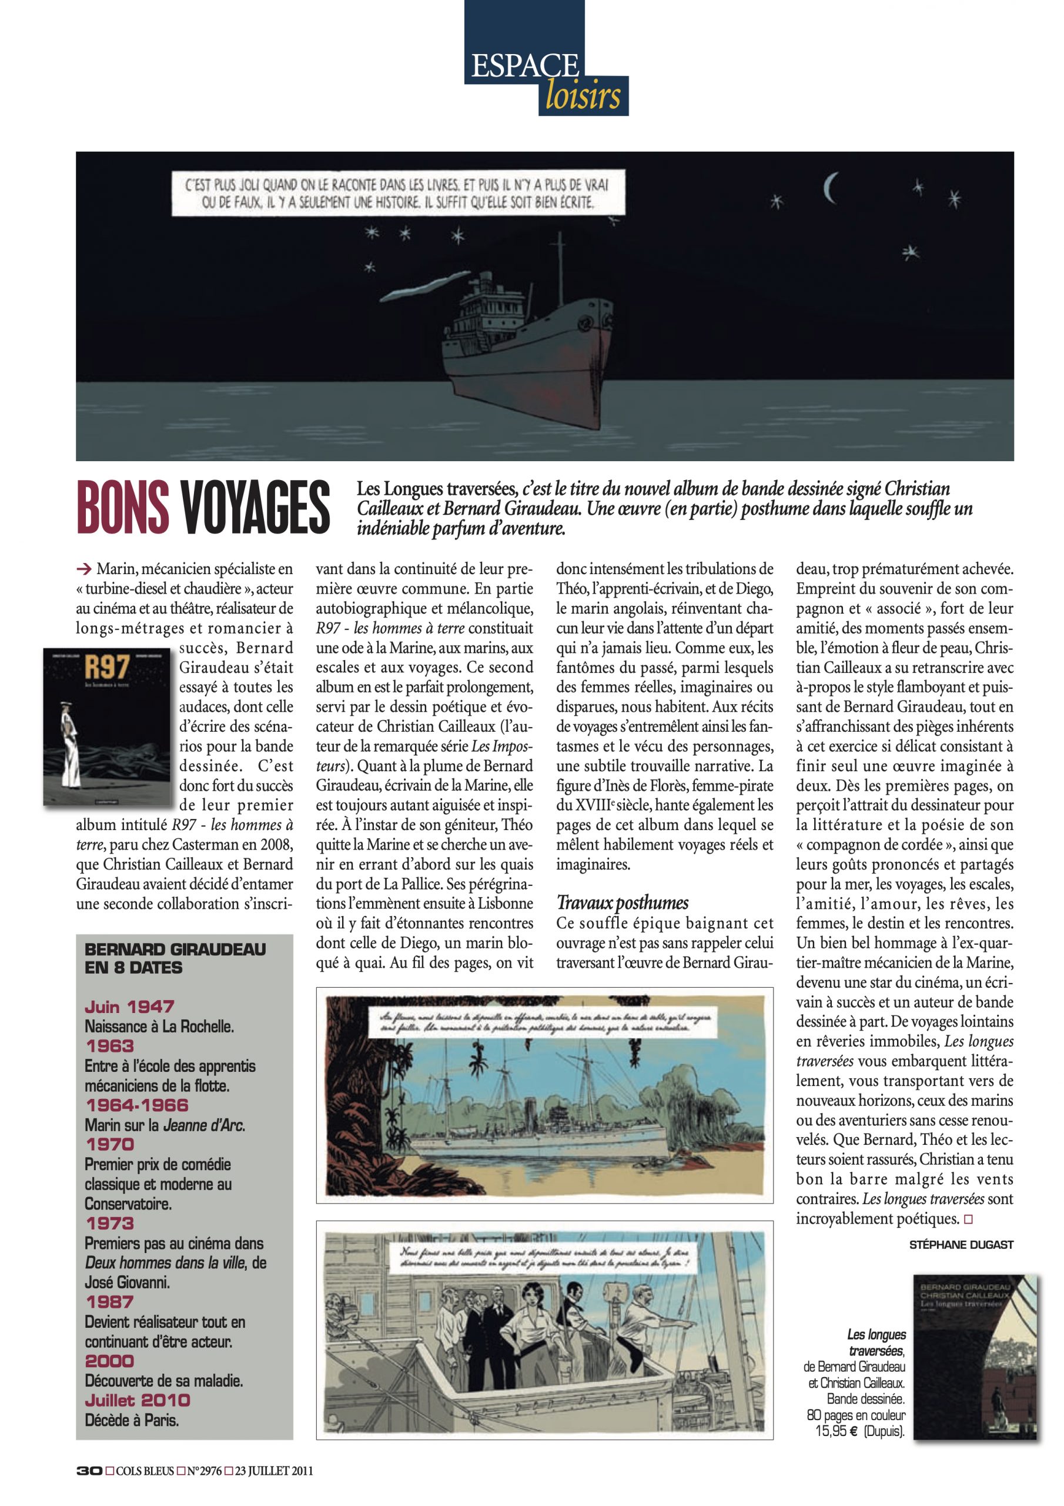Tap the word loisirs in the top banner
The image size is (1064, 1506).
582,95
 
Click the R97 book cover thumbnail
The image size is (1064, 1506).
106,726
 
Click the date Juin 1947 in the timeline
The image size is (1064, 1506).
129,1006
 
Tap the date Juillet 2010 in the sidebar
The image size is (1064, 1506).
138,1400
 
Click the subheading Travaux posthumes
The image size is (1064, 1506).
622,902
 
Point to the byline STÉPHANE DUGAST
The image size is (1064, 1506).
961,1244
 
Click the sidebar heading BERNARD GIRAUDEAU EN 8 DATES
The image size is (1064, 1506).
175,958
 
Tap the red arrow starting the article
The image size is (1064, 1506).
83,568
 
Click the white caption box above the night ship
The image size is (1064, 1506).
397,193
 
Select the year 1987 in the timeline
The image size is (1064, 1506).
109,1301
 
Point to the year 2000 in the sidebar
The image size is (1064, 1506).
109,1360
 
